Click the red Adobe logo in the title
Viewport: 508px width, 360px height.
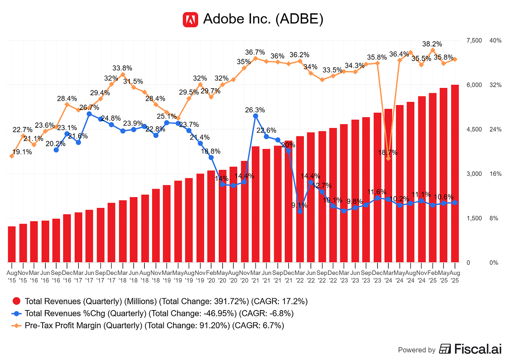(x=190, y=20)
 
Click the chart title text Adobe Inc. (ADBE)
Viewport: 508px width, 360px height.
(x=263, y=19)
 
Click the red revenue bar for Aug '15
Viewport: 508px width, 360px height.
(x=12, y=244)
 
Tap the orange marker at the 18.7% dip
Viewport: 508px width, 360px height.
(x=388, y=159)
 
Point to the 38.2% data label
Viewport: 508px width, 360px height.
(x=432, y=44)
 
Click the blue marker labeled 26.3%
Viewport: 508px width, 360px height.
(x=255, y=116)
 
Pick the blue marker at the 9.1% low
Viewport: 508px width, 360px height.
(x=300, y=211)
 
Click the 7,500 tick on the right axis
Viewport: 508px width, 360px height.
(x=474, y=41)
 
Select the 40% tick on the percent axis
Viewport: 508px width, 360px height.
(x=495, y=41)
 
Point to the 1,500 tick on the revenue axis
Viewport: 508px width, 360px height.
(x=474, y=218)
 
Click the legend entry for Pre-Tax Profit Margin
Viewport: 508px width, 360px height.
(x=154, y=325)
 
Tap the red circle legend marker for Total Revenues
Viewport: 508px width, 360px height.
(x=16, y=301)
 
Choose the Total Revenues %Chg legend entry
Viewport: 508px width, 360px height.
(x=159, y=313)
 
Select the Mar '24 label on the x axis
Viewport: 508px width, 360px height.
(x=388, y=276)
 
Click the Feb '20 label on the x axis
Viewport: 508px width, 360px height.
(x=211, y=276)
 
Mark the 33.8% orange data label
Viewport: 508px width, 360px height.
(x=122, y=68)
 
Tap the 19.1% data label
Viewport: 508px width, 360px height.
(x=22, y=152)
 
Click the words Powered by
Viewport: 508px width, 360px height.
(x=417, y=350)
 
